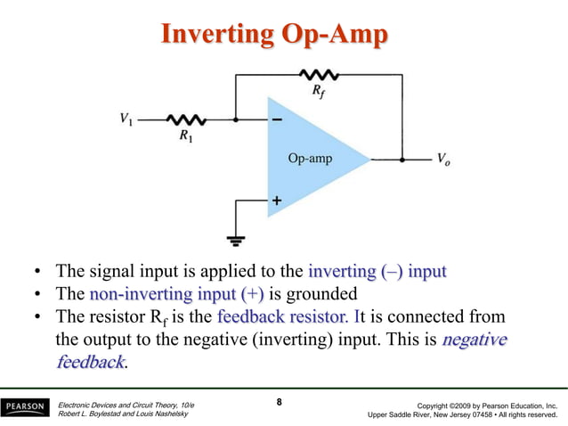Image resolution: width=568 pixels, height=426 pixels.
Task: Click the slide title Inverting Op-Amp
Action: (274, 34)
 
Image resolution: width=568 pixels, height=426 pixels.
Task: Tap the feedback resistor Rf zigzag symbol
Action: (317, 75)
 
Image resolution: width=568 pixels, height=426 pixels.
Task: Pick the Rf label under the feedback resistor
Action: (319, 92)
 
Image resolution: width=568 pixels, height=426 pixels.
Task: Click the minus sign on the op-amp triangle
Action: (277, 119)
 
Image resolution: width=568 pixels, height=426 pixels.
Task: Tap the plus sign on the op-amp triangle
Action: (277, 201)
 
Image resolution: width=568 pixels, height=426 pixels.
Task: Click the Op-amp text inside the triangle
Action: (310, 160)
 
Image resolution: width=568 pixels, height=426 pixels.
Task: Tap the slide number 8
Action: (279, 402)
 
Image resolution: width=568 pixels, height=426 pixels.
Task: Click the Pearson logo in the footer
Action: (26, 408)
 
